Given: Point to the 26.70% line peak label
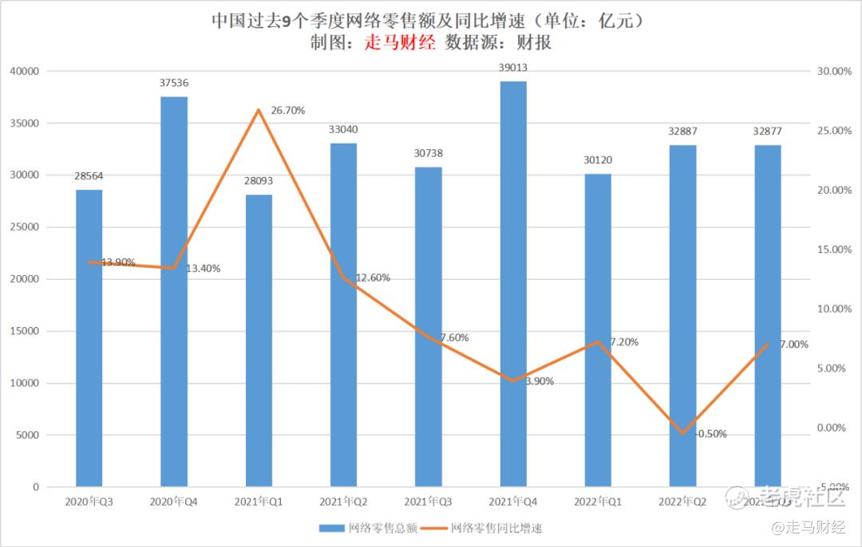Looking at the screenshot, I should tap(287, 111).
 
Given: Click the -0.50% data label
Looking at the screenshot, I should tap(712, 434).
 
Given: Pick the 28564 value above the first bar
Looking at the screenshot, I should tap(89, 176).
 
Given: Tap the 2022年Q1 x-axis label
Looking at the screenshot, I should tap(598, 502).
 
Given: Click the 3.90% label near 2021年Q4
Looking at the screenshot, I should tap(539, 381).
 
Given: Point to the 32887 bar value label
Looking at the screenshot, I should tap(682, 130).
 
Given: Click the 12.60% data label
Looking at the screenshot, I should tap(373, 277).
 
